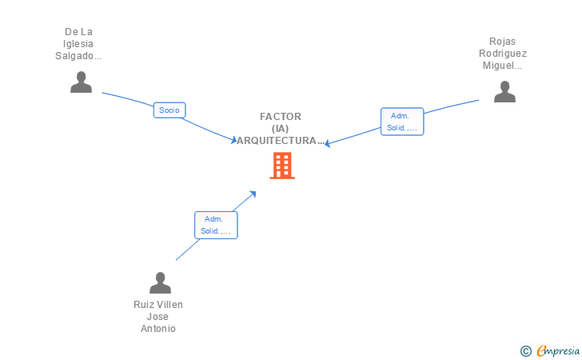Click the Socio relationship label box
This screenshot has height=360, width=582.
[x=169, y=110]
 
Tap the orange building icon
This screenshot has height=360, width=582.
[x=282, y=166]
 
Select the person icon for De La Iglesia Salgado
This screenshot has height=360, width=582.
[x=81, y=82]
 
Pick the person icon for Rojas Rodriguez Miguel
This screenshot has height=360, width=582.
[x=504, y=91]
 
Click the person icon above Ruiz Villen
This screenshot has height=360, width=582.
[x=160, y=282]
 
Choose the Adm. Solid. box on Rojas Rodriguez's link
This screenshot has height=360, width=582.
[x=402, y=122]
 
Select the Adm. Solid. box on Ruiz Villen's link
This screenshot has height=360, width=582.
[x=216, y=225]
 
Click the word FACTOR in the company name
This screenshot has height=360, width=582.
[x=281, y=117]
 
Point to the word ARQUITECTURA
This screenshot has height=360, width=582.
[x=277, y=141]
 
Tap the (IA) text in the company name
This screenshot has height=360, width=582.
[x=281, y=129]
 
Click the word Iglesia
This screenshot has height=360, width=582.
[x=78, y=44]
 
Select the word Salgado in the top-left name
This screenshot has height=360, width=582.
[x=74, y=56]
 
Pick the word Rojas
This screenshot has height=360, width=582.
[x=502, y=42]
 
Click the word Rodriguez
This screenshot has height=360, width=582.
[x=503, y=54]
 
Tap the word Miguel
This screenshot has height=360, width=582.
[x=498, y=66]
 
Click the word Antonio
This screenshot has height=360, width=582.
[x=158, y=329]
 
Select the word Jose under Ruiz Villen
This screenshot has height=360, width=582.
[x=157, y=317]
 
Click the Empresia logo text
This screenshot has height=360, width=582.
[x=558, y=351]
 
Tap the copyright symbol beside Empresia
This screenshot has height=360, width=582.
[x=526, y=351]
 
